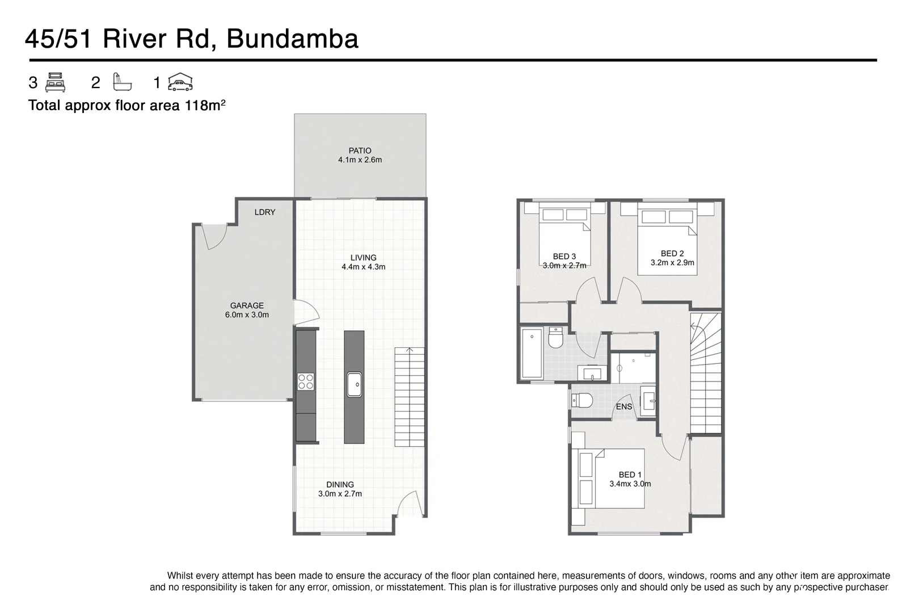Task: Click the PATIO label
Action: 360,151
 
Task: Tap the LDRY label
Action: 264,212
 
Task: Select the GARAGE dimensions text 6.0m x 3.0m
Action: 247,315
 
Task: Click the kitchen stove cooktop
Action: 306,381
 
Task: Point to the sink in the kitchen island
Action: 354,384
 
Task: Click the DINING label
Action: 340,485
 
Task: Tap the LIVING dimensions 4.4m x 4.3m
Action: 363,267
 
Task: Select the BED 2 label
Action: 672,254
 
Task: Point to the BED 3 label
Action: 564,257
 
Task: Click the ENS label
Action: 624,407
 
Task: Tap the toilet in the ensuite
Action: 581,401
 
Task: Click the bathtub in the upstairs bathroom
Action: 532,353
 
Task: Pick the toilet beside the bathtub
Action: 555,338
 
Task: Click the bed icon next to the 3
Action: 55,83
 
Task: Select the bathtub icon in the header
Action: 122,83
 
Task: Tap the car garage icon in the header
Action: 180,83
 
